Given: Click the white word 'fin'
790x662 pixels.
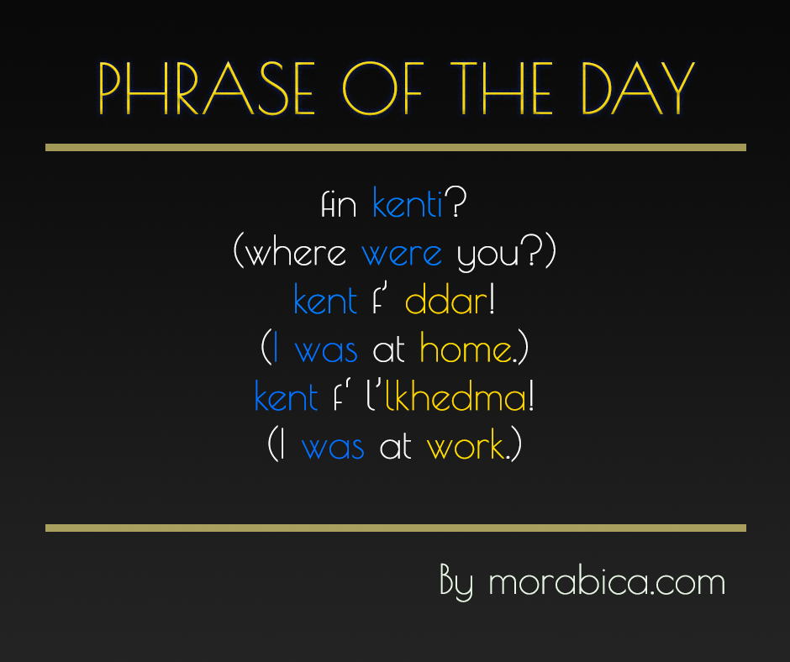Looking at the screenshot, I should click(x=340, y=205).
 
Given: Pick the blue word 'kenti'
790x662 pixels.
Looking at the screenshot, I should click(x=408, y=204).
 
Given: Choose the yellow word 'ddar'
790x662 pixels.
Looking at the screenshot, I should click(x=446, y=301).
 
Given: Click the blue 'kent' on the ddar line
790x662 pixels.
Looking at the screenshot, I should click(x=325, y=301).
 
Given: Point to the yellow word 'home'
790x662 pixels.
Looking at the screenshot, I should click(x=466, y=349).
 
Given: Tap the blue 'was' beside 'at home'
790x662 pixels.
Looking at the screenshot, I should click(x=326, y=350).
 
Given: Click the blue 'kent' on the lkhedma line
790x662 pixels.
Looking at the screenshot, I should click(x=286, y=397).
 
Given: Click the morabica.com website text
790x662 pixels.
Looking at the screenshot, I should click(x=606, y=582).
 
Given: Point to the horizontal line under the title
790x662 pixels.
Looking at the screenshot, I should click(x=395, y=148).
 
